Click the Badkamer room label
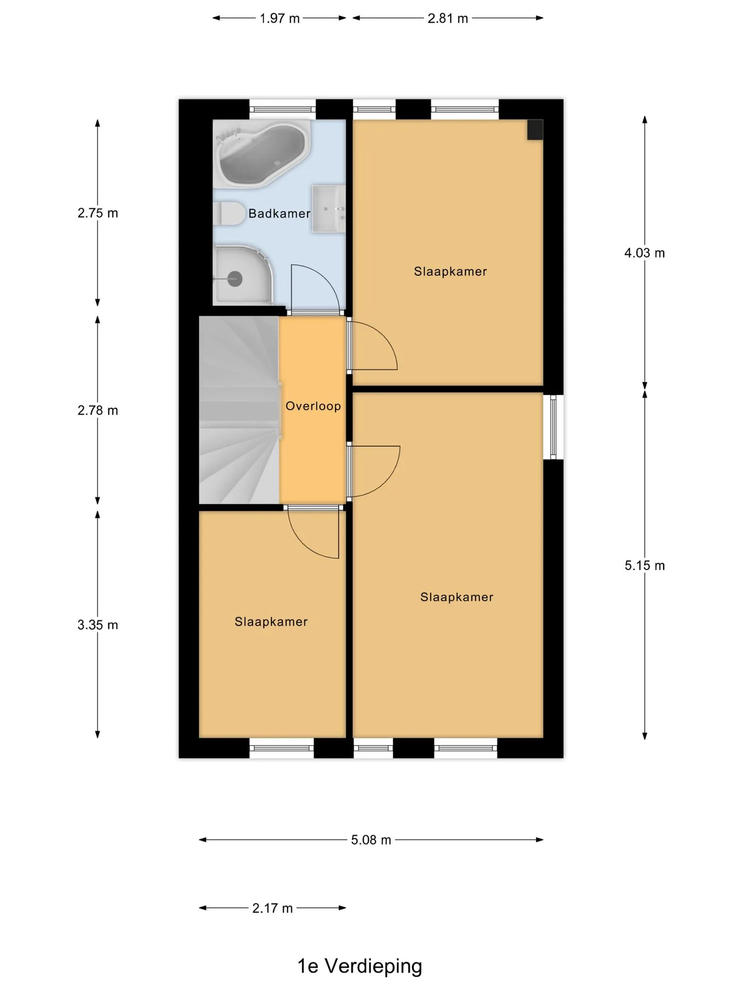click(279, 213)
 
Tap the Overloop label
click(313, 406)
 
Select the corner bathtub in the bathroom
click(262, 153)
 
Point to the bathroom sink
click(328, 209)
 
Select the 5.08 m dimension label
click(371, 840)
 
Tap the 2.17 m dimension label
click(272, 908)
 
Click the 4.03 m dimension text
click(645, 253)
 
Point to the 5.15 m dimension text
click(645, 566)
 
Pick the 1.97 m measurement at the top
click(279, 19)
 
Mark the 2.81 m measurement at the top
click(448, 19)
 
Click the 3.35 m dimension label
click(98, 625)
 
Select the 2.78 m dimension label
click(98, 411)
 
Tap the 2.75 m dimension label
click(98, 213)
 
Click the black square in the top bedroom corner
click(535, 129)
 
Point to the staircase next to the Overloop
click(240, 410)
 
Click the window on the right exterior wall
click(553, 426)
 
